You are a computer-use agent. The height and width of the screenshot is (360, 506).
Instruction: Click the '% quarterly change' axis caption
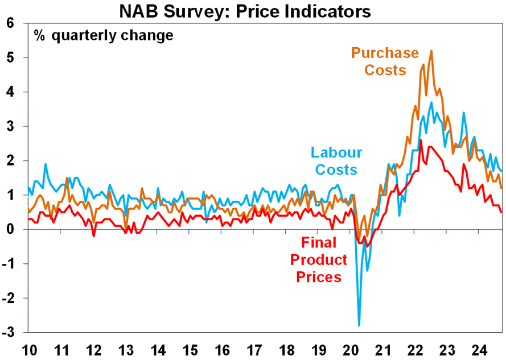103,36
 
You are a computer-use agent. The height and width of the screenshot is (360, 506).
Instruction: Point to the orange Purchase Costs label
385,61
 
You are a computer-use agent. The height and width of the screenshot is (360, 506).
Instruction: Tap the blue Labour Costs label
336,161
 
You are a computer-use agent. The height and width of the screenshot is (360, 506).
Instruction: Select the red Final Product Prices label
318,260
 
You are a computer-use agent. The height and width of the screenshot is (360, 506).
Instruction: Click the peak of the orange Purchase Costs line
431,51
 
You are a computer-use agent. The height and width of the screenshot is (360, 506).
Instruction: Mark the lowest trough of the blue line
359,325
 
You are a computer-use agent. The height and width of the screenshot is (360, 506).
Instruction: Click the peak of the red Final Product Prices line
421,140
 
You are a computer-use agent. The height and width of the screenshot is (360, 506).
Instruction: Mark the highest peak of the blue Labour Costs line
431,102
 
